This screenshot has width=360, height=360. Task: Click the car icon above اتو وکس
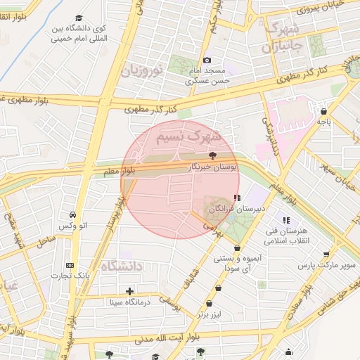(x=73, y=214)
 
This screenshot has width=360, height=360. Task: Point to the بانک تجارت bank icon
(x=69, y=265)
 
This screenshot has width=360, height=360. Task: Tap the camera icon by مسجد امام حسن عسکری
(x=206, y=60)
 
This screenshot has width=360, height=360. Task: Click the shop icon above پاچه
(x=323, y=111)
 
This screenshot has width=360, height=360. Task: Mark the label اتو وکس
(x=74, y=226)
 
